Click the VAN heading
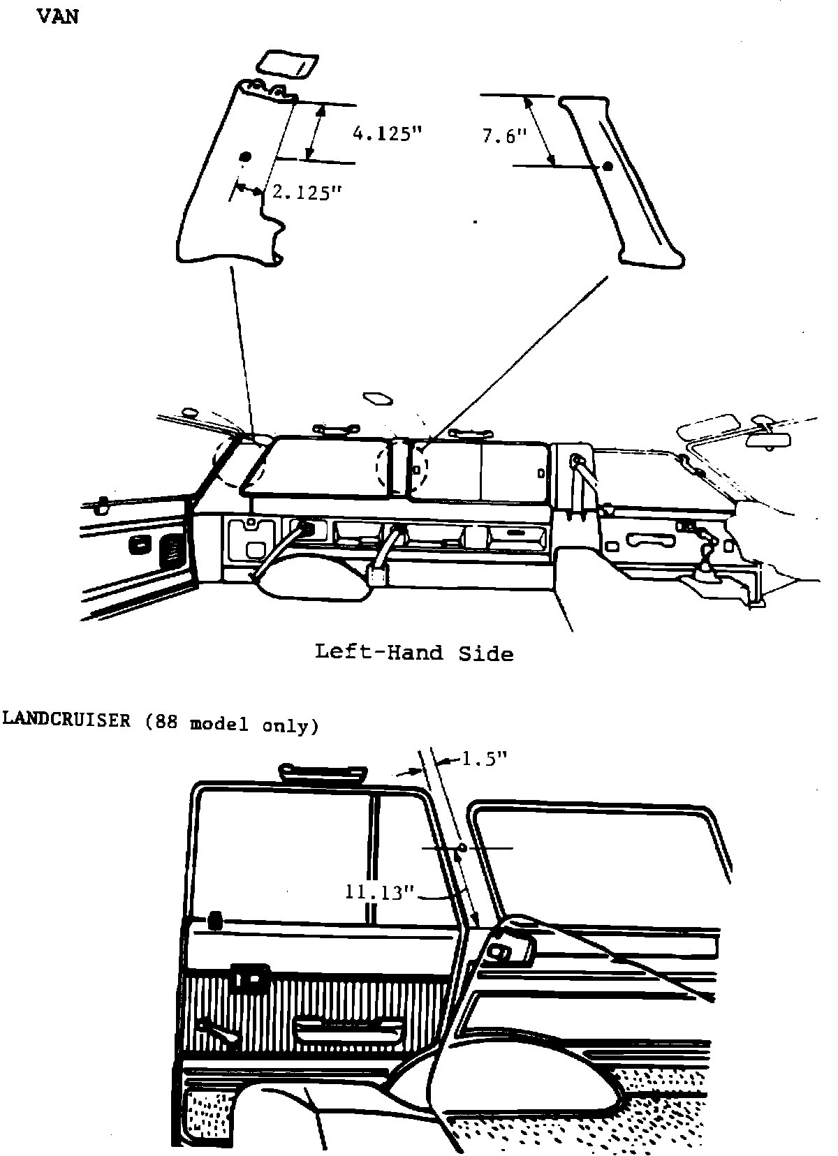(x=57, y=17)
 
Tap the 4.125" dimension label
(x=389, y=133)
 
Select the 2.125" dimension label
(x=305, y=192)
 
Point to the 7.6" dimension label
(x=503, y=136)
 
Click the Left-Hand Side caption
(x=414, y=653)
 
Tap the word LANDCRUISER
(x=67, y=721)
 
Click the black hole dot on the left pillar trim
(x=244, y=157)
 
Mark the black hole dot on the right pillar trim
(x=607, y=166)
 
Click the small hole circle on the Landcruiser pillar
(x=462, y=848)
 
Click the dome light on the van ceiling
(x=378, y=399)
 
